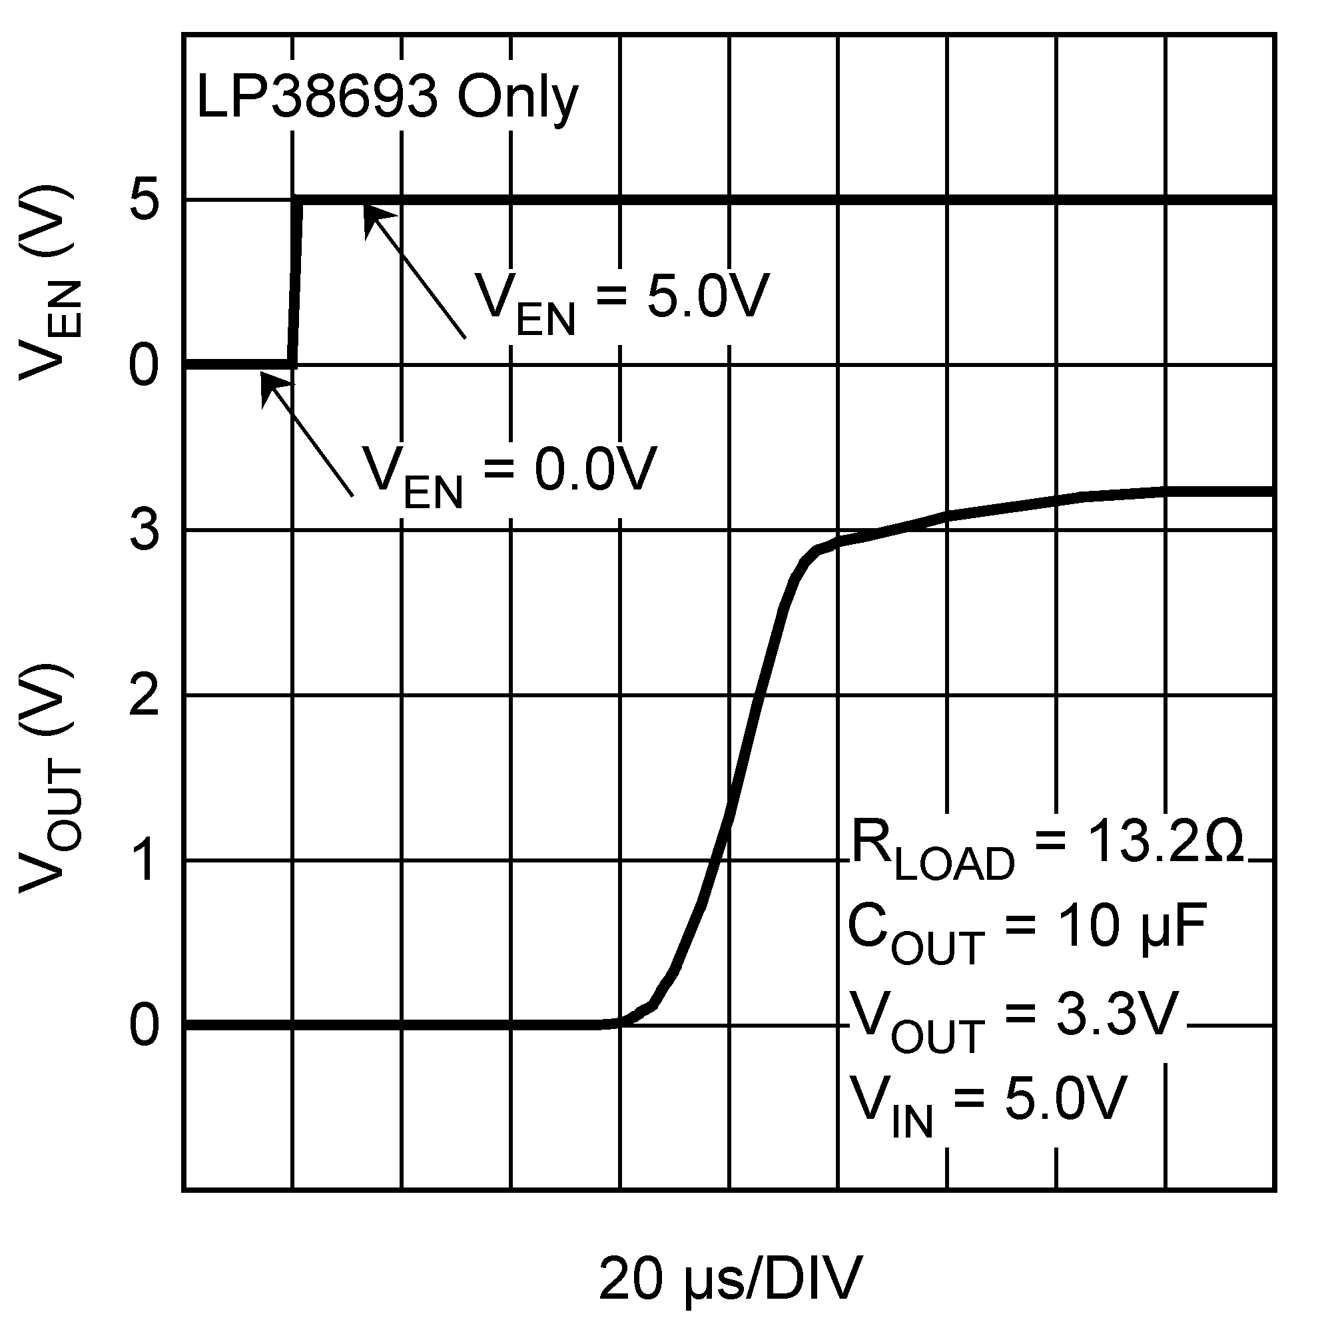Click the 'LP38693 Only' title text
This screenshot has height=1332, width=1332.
point(387,99)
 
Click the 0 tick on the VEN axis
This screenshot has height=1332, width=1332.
point(145,366)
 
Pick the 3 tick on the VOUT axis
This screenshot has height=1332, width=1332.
point(145,530)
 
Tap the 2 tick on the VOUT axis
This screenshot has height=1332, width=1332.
point(145,696)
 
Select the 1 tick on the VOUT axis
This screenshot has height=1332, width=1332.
point(145,861)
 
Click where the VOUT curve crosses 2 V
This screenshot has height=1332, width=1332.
point(759,696)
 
